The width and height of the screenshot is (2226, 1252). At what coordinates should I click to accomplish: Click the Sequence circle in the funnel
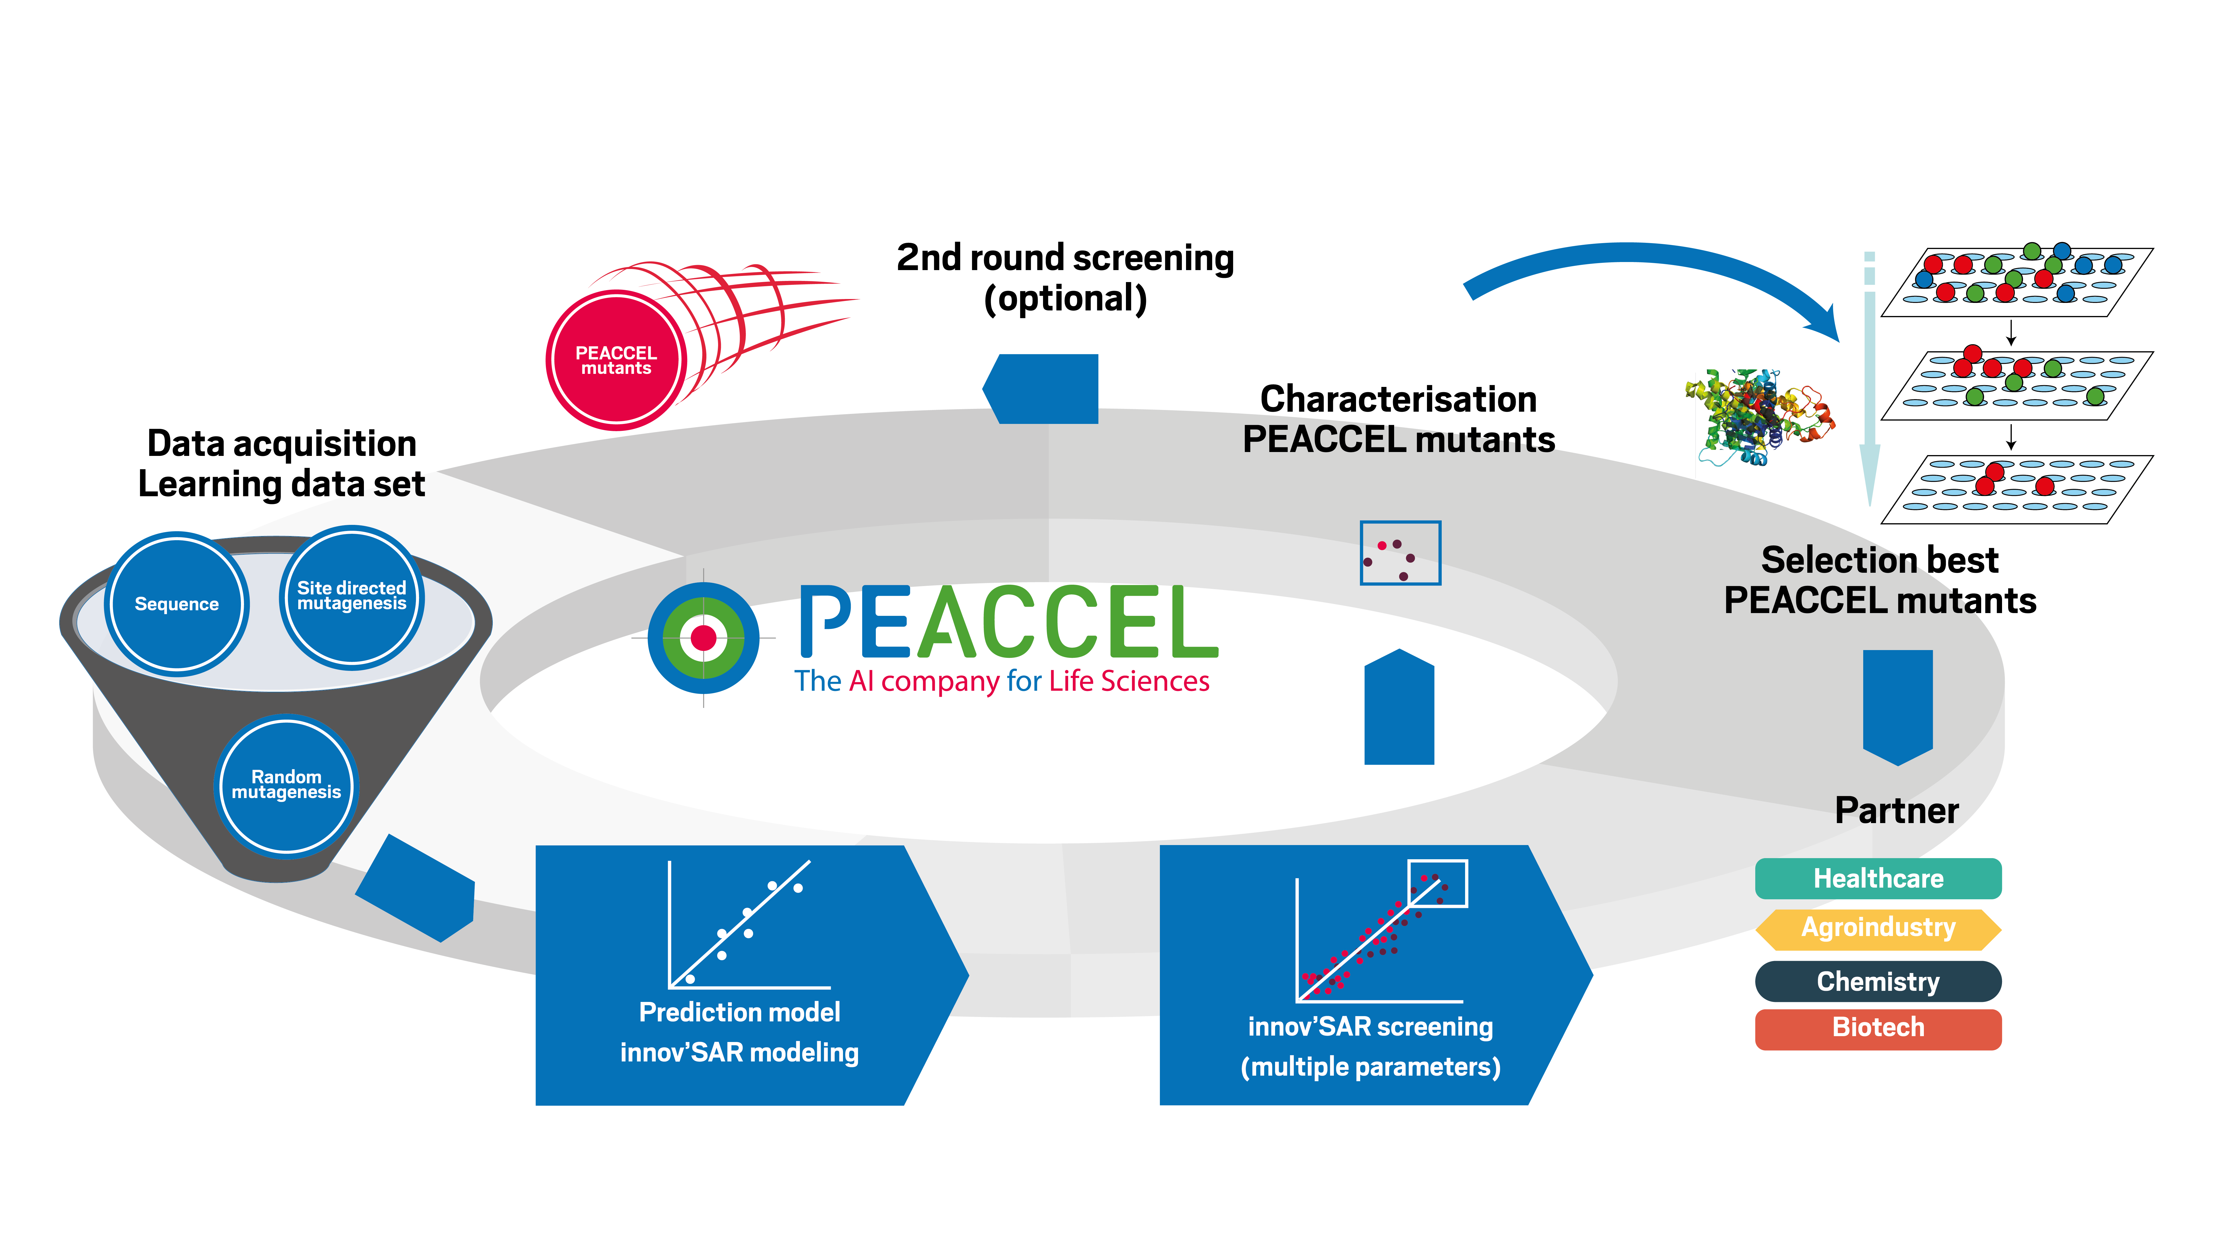(177, 603)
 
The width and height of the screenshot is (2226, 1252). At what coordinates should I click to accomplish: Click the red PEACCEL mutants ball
(616, 360)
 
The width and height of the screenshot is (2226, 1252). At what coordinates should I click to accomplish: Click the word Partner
(1897, 811)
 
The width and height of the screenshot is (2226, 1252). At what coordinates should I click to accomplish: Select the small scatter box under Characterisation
(1400, 553)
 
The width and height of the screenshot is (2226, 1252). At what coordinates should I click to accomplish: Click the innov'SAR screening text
(1370, 1026)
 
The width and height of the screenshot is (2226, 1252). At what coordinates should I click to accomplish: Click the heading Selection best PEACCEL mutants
(1880, 580)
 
